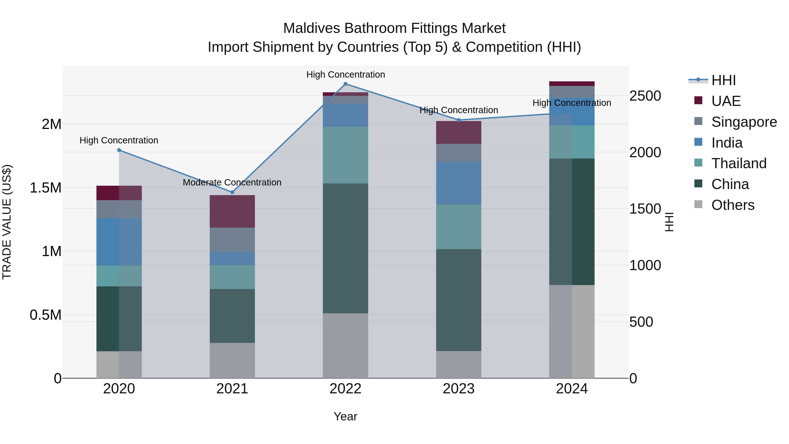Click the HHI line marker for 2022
coord(345,84)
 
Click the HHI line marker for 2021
coord(232,192)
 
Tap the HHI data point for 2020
coord(119,150)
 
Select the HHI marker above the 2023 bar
coord(458,120)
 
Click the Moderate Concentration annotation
coord(232,182)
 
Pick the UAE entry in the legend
coord(726,101)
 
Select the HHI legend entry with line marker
coord(723,80)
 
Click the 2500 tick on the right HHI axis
coord(645,96)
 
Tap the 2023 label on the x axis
coord(458,389)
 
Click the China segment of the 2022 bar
coord(345,248)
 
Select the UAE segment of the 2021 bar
coord(232,211)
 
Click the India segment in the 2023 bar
coord(458,183)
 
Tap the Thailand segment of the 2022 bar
coord(345,155)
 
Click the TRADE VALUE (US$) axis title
coord(7,222)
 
